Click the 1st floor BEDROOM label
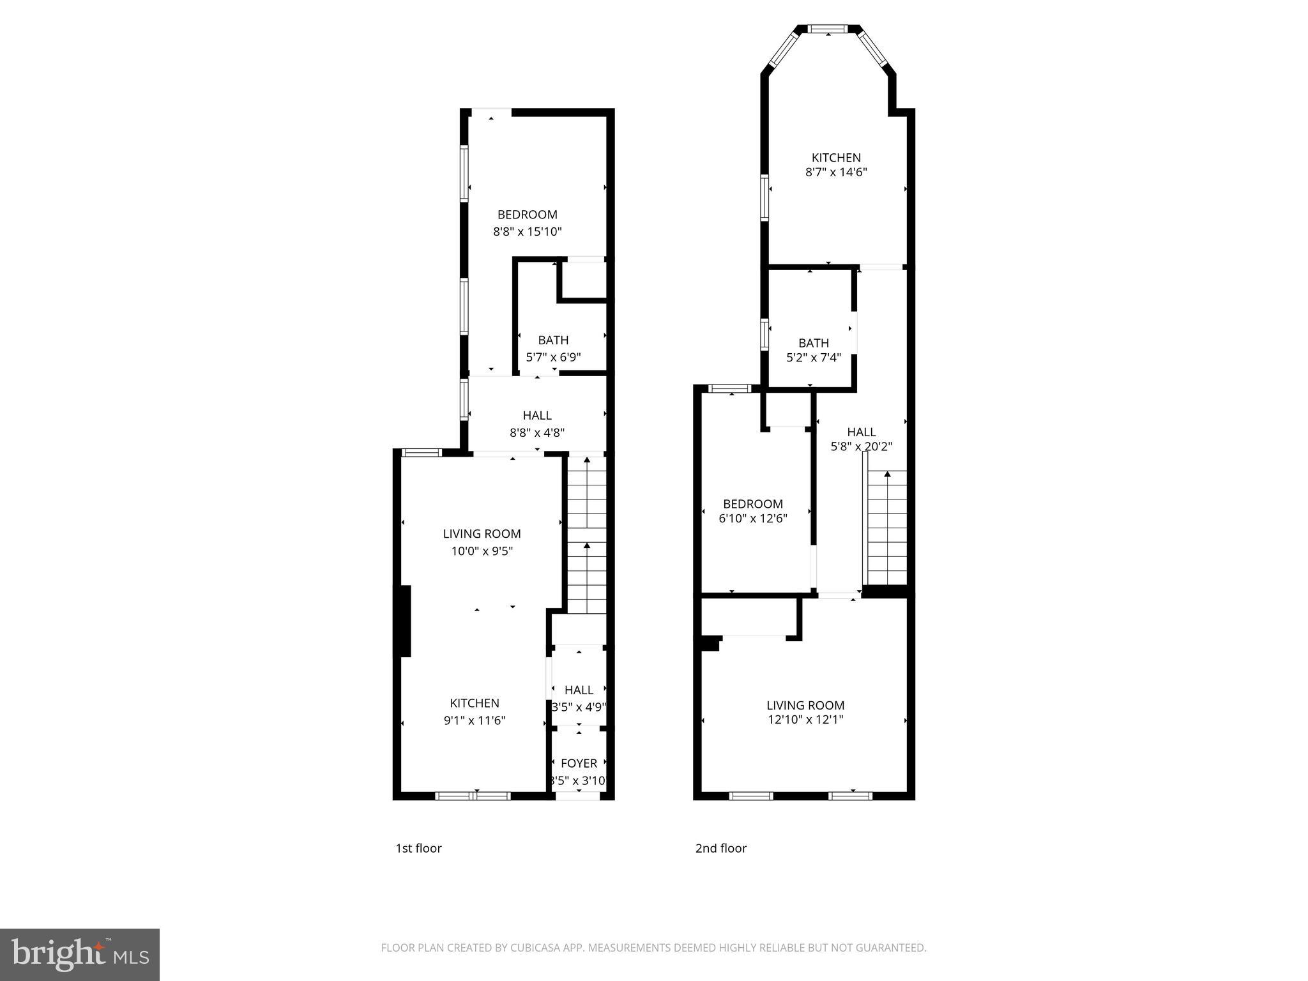527,215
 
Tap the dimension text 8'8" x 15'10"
527,231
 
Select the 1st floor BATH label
553,340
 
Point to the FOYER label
579,763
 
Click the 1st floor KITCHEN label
475,703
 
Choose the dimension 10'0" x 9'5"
482,551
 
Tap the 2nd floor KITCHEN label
836,158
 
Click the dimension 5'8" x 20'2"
861,447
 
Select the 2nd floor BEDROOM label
752,504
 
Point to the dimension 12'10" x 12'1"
805,720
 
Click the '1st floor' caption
418,848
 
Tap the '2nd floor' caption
720,848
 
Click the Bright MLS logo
80,955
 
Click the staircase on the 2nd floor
886,527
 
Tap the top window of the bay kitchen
828,29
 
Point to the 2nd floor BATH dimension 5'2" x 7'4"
813,358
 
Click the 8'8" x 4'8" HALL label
536,432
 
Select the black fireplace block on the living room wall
404,621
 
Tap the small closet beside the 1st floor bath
584,279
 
